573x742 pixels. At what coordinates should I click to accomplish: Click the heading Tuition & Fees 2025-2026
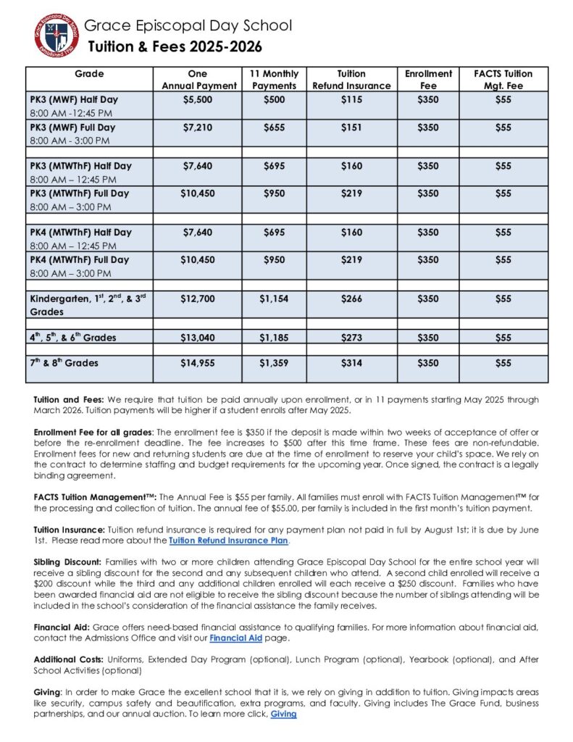pyautogui.click(x=175, y=48)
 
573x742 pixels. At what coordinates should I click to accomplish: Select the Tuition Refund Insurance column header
pyautogui.click(x=351, y=80)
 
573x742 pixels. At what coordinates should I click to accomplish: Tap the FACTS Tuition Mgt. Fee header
pyautogui.click(x=503, y=80)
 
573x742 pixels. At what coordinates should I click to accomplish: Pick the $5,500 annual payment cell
pyautogui.click(x=197, y=99)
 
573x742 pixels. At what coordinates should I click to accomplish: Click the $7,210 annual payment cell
pyautogui.click(x=197, y=128)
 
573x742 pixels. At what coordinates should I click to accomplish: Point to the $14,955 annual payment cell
pyautogui.click(x=197, y=363)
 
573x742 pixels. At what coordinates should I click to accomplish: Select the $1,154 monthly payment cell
pyautogui.click(x=273, y=299)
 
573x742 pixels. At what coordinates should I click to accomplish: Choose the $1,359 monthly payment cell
pyautogui.click(x=273, y=363)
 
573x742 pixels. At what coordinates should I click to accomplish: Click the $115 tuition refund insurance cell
pyautogui.click(x=351, y=99)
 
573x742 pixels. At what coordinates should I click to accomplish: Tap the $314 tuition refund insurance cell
pyautogui.click(x=351, y=363)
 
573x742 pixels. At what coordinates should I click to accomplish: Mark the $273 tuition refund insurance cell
pyautogui.click(x=351, y=338)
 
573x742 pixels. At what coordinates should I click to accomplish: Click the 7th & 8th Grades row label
pyautogui.click(x=64, y=363)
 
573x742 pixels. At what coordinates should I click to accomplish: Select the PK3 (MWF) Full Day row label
pyautogui.click(x=72, y=128)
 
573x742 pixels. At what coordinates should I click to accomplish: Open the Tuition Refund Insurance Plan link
pyautogui.click(x=229, y=541)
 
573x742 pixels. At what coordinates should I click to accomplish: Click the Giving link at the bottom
pyautogui.click(x=283, y=714)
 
